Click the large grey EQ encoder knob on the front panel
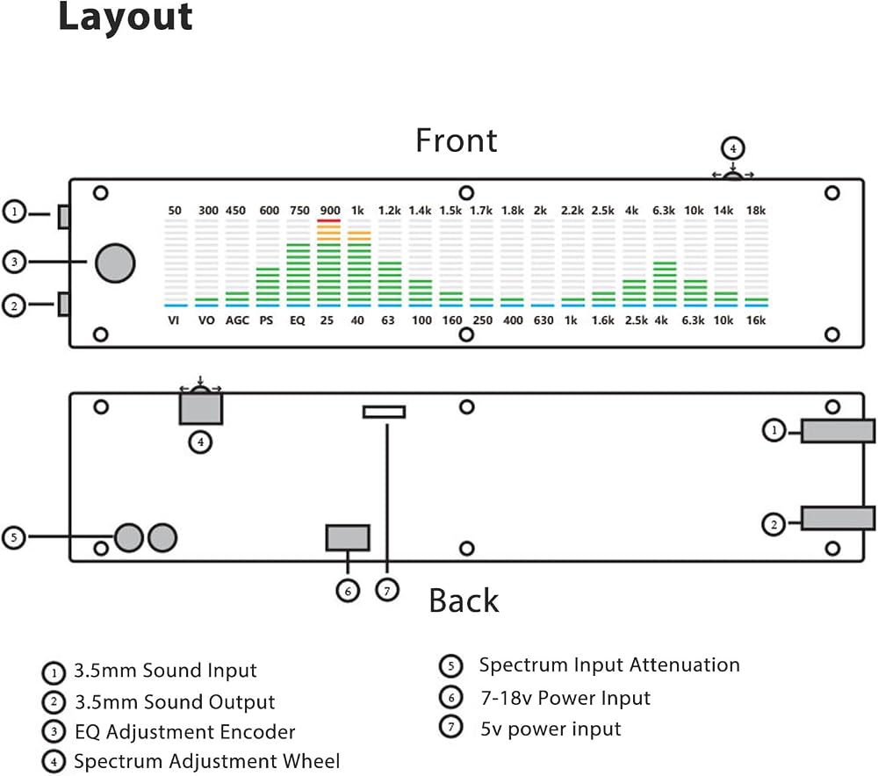[x=115, y=263]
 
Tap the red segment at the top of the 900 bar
[x=328, y=220]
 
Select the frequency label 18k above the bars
[x=756, y=211]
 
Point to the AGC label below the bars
[x=237, y=320]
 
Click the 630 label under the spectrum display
[x=543, y=320]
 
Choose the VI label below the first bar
[x=174, y=320]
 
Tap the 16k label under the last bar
[x=756, y=320]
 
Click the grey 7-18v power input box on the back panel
[x=348, y=537]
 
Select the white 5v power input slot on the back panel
[x=385, y=412]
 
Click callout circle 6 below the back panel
[x=348, y=591]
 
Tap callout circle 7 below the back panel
[x=387, y=590]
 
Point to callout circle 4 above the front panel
[x=733, y=149]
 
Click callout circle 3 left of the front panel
[x=15, y=262]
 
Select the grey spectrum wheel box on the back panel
[x=201, y=408]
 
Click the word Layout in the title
[x=126, y=17]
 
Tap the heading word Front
[x=457, y=140]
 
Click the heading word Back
[x=464, y=600]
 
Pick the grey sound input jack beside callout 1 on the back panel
[x=838, y=431]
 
